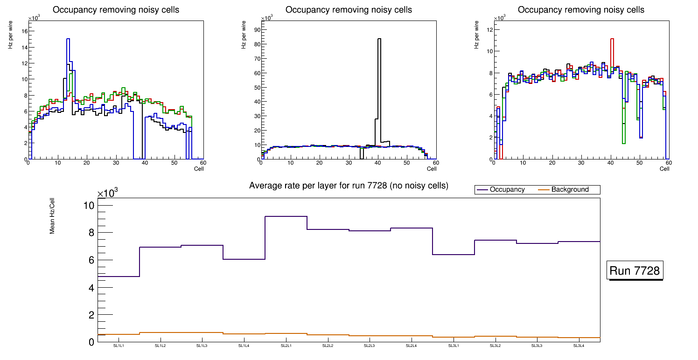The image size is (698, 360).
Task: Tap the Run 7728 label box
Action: coord(635,271)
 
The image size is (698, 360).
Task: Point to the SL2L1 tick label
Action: coord(286,346)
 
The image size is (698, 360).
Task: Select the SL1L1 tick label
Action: coord(119,346)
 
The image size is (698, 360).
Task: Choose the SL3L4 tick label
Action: coord(579,346)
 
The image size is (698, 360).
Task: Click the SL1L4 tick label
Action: coord(244,346)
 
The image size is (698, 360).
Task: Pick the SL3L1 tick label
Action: coord(453,346)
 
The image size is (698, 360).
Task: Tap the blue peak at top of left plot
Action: coord(68,39)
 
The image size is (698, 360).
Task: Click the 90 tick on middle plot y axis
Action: coord(257,30)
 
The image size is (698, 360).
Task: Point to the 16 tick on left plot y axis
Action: coord(25,31)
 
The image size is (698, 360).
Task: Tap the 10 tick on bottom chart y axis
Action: coord(88,206)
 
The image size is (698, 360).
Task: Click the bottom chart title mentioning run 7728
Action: coord(349,186)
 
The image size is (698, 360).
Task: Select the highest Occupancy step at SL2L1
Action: coord(286,216)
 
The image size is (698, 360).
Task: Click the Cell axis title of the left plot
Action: coord(199,168)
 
